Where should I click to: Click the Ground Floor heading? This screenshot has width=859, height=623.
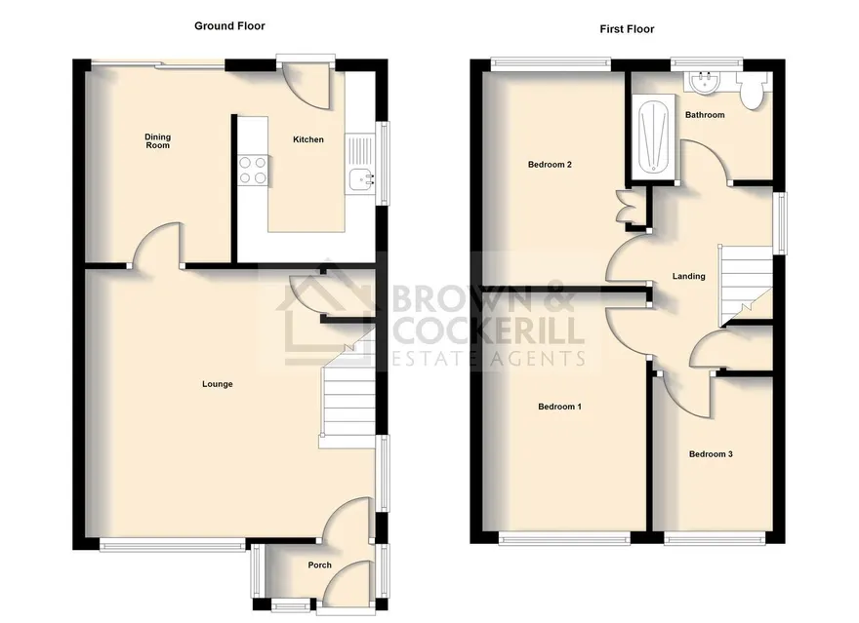tap(229, 25)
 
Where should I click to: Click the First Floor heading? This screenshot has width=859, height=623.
tap(627, 29)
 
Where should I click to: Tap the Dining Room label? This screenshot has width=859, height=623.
tap(158, 141)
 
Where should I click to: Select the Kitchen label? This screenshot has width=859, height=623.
tap(308, 139)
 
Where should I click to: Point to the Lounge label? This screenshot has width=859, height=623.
tap(218, 384)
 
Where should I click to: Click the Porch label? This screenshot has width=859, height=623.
tap(320, 565)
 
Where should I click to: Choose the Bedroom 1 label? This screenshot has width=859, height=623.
tap(560, 407)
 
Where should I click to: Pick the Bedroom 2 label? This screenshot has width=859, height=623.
tap(550, 164)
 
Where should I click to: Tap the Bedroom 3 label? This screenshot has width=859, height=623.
tap(711, 454)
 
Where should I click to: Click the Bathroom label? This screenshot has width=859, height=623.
tap(705, 115)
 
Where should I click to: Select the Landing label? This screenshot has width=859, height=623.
tap(688, 276)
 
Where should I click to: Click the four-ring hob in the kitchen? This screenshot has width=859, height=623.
tap(253, 170)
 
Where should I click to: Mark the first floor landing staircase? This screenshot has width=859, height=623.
tap(745, 286)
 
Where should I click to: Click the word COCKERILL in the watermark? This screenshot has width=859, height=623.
tap(486, 331)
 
